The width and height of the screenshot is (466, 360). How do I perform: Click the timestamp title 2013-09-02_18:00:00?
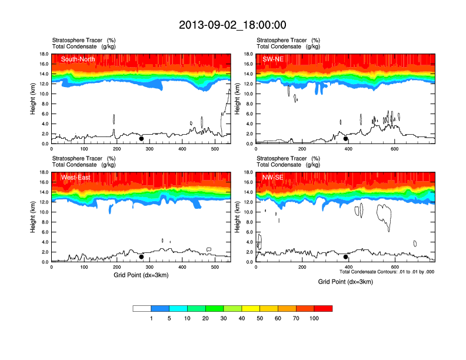(232, 25)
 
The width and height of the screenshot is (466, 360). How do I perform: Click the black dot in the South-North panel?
(141, 139)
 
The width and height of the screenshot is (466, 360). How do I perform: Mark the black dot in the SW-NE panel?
(346, 139)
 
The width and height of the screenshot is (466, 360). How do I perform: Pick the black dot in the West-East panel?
(141, 257)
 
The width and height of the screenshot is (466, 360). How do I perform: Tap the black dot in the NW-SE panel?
(346, 257)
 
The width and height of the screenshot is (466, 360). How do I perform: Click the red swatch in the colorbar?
(323, 308)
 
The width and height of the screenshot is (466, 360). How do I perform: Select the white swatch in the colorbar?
(142, 308)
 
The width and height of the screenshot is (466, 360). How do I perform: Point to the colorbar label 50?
(260, 318)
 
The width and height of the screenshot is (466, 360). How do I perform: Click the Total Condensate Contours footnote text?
(387, 272)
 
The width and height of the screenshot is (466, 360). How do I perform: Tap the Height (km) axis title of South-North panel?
(34, 99)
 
